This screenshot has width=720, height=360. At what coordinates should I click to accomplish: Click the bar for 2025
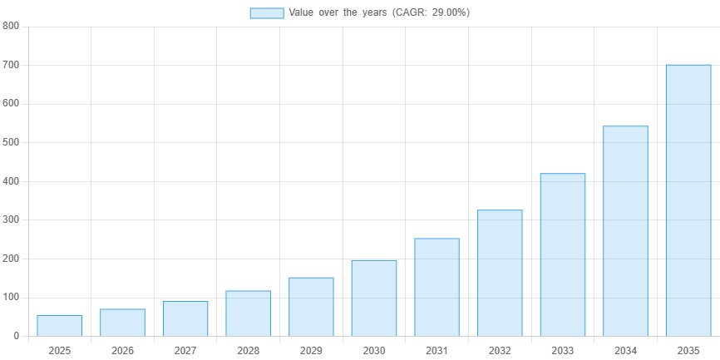(x=59, y=325)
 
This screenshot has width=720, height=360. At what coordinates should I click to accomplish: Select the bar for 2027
(x=185, y=318)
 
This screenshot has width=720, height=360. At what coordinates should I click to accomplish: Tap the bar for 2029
(x=311, y=306)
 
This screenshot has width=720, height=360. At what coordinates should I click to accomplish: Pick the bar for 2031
(x=436, y=287)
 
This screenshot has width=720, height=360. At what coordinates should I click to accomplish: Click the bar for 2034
(x=625, y=230)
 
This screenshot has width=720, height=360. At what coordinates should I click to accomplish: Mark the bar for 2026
(x=122, y=322)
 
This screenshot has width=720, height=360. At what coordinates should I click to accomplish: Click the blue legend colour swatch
(x=266, y=12)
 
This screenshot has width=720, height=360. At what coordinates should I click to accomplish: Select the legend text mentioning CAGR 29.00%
(x=379, y=12)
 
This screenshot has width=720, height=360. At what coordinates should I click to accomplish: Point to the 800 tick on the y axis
(x=12, y=26)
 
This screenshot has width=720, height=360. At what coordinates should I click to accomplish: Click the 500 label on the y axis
(x=12, y=142)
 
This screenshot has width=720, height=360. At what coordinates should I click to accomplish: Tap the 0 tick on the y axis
(x=16, y=336)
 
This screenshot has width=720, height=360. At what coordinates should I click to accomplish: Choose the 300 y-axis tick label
(x=12, y=219)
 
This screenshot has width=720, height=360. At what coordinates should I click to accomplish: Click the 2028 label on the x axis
(x=248, y=351)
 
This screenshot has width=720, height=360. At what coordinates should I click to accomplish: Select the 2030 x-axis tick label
(x=374, y=351)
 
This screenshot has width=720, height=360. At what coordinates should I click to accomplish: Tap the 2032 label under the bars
(x=500, y=351)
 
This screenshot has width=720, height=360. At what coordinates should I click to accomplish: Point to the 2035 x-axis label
(x=688, y=351)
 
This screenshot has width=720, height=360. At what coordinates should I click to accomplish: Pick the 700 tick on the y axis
(x=12, y=65)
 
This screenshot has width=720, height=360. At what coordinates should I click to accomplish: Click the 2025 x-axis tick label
(x=59, y=351)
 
